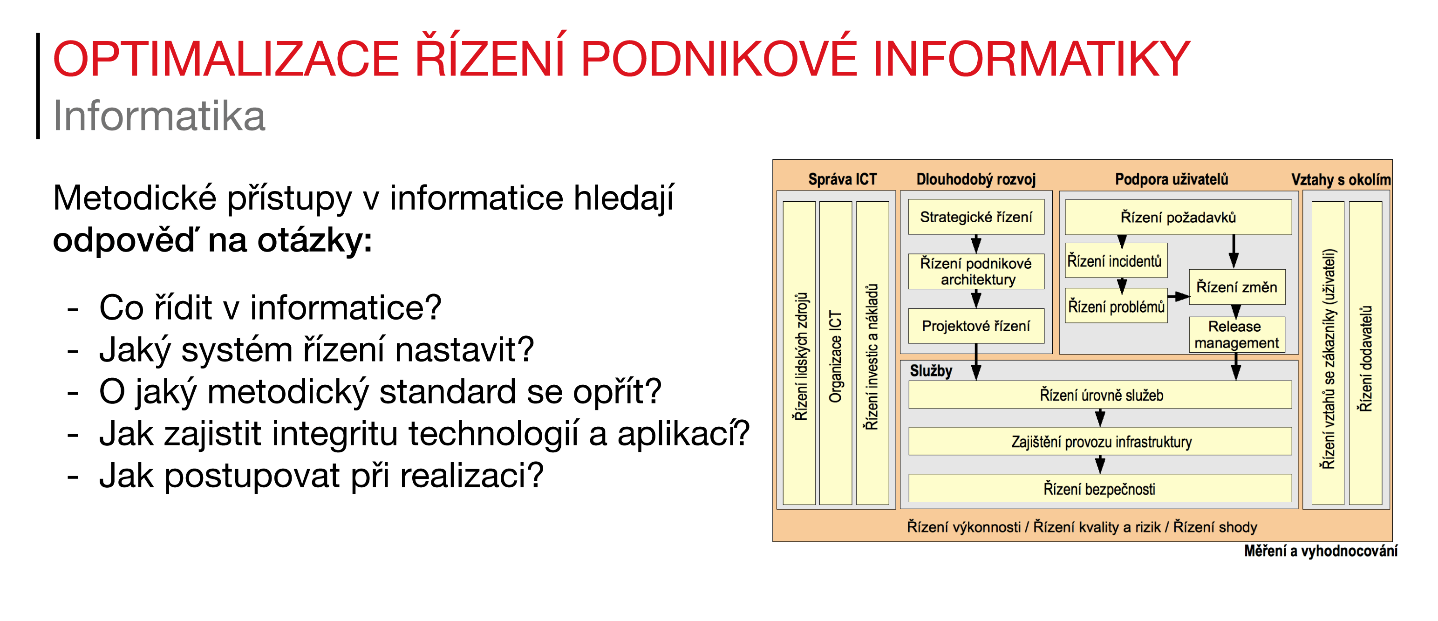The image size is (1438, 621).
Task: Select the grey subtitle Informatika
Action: pos(159,116)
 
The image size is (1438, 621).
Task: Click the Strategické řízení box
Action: pos(976,217)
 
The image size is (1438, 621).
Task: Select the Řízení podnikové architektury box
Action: pos(976,272)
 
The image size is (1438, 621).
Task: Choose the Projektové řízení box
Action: pos(976,326)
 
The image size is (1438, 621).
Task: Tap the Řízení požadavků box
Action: pos(1178,217)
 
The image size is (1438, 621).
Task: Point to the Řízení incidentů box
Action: pos(1115,261)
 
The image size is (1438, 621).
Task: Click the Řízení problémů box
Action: pos(1116,306)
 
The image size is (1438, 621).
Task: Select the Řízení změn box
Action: pos(1236,287)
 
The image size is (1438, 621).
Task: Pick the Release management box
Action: pos(1236,334)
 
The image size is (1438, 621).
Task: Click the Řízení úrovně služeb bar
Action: pos(1100,396)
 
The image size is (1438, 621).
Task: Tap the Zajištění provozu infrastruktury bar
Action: pos(1100,442)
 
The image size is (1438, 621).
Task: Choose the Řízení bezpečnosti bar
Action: pos(1100,489)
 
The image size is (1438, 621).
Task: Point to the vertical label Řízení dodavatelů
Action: pos(1365,357)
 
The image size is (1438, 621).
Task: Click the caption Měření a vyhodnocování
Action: pos(1320,551)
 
